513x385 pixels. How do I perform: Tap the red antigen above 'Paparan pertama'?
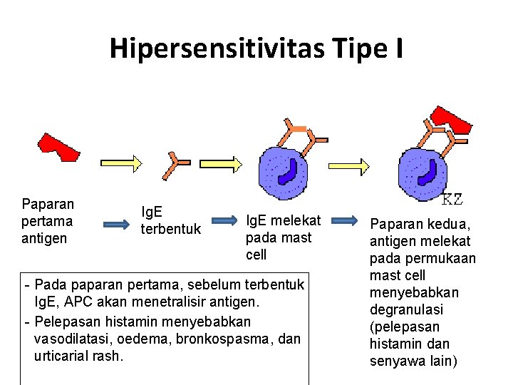click(58, 145)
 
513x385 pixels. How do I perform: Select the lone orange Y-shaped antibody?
click(173, 165)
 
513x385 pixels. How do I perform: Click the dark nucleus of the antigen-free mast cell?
click(289, 172)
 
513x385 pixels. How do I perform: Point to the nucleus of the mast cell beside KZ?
click(428, 172)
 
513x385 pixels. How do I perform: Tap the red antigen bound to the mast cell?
click(452, 119)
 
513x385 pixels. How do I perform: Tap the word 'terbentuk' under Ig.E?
click(171, 229)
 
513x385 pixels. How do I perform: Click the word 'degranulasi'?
click(406, 309)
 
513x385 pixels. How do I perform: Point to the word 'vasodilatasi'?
click(71, 338)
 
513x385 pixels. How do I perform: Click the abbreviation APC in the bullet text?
click(81, 303)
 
